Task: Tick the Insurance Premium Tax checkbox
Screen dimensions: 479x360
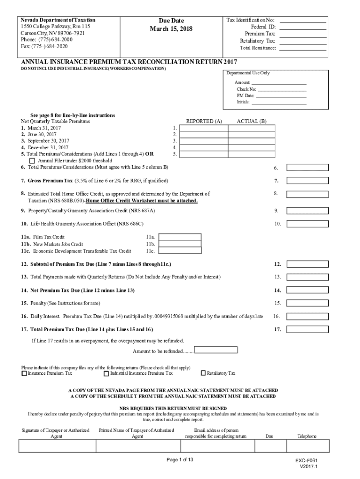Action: [x=24, y=373]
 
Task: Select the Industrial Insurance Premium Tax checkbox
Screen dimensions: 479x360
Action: [x=106, y=373]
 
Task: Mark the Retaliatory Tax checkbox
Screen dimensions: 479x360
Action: [x=203, y=373]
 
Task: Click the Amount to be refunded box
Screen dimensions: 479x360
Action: [x=216, y=350]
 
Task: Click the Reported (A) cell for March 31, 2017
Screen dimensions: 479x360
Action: [x=204, y=128]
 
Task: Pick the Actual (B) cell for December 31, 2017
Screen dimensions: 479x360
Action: [x=252, y=147]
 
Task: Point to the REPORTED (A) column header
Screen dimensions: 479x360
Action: [x=204, y=121]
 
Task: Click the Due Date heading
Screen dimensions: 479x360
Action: [x=171, y=21]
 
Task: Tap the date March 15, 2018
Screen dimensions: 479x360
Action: [x=171, y=29]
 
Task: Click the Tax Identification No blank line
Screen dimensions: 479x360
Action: [x=302, y=21]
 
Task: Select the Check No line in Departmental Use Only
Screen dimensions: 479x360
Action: [x=282, y=89]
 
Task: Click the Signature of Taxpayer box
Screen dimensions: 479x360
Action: [x=57, y=447]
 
